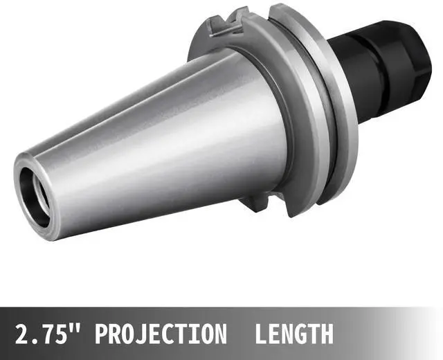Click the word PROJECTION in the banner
(160, 334)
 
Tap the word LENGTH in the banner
(294, 334)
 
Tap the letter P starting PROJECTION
(102, 334)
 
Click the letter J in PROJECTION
(145, 334)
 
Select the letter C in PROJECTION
(174, 334)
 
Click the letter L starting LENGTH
(261, 334)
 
